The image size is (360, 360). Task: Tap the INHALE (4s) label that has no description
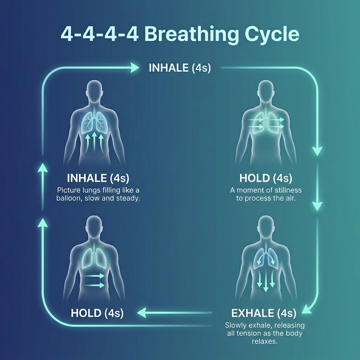pyautogui.click(x=180, y=67)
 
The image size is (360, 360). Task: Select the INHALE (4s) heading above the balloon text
pyautogui.click(x=98, y=178)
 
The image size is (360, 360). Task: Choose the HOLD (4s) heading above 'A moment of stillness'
pyautogui.click(x=266, y=178)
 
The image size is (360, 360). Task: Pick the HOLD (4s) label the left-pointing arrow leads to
pyautogui.click(x=97, y=313)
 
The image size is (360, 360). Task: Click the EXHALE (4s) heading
pyautogui.click(x=264, y=313)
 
